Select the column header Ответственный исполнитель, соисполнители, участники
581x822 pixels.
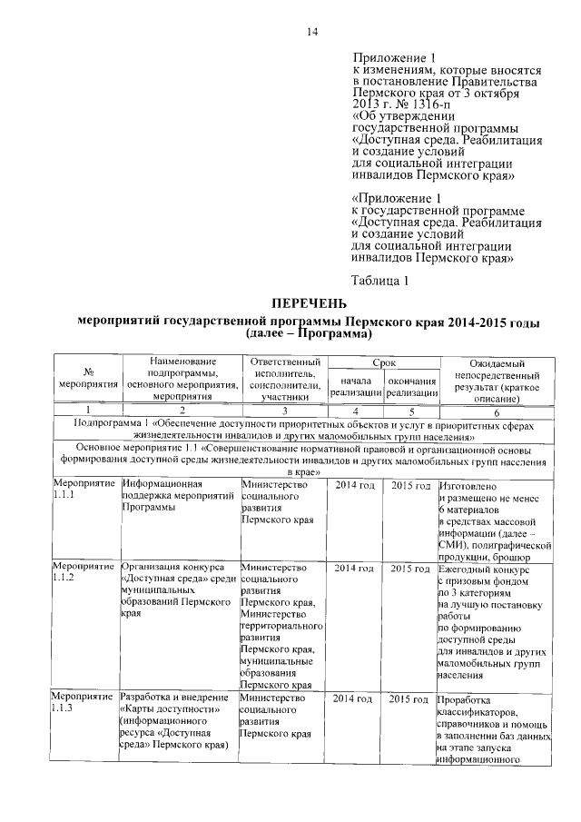coord(283,380)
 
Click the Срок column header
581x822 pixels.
coord(383,362)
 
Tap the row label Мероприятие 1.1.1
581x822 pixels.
coord(84,491)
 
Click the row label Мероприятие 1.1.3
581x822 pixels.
coord(84,704)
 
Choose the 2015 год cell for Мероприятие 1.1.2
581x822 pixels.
coord(410,568)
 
